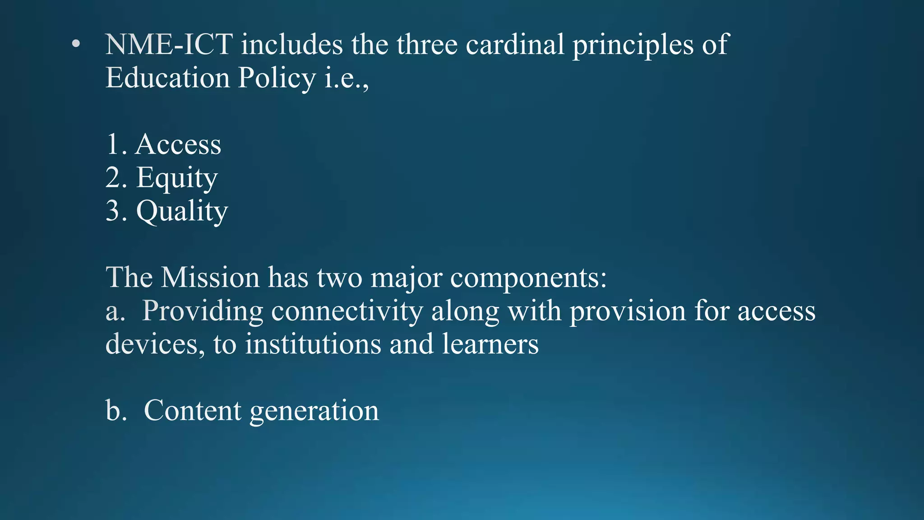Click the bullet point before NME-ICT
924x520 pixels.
click(x=76, y=44)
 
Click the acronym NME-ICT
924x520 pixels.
click(x=169, y=45)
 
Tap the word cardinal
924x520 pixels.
click(x=515, y=45)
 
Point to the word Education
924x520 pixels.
click(x=167, y=78)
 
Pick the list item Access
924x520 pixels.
click(x=178, y=144)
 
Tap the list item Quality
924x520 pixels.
click(x=182, y=212)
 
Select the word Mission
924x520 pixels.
click(x=210, y=277)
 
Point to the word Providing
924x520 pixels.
click(x=203, y=312)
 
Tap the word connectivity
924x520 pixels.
click(x=347, y=312)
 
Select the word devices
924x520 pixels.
click(x=152, y=344)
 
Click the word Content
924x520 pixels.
click(x=193, y=410)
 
